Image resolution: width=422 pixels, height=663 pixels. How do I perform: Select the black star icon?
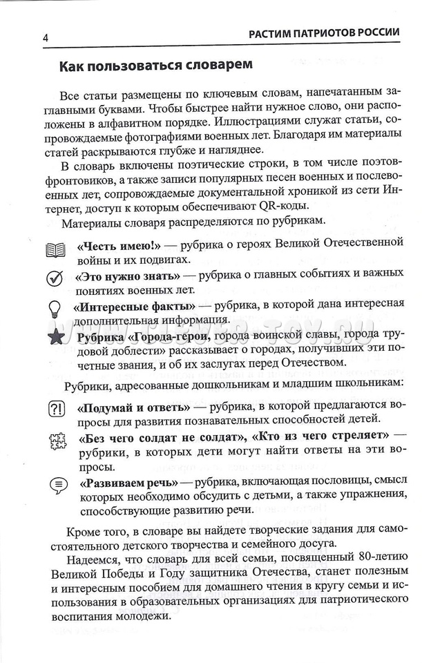(55, 338)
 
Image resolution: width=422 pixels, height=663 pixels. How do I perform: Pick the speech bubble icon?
(55, 484)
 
